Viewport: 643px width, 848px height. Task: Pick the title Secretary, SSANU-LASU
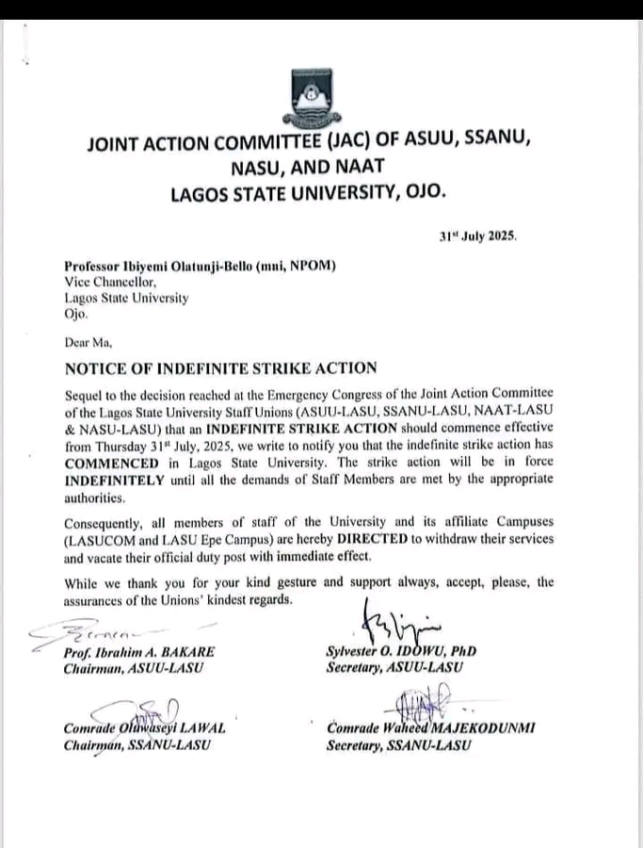point(396,745)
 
